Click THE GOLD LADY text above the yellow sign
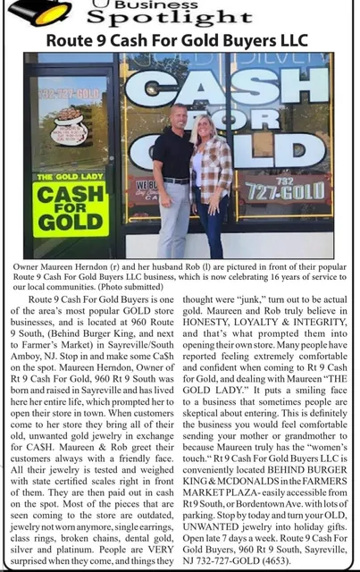(x=70, y=179)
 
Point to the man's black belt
(x=175, y=181)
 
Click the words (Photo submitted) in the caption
(x=140, y=290)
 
